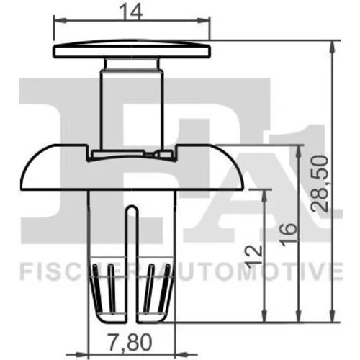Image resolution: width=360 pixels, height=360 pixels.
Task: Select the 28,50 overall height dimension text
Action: [x=320, y=183]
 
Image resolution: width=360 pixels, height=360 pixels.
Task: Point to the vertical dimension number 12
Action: [x=253, y=255]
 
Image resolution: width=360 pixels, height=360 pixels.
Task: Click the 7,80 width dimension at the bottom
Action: [x=130, y=342]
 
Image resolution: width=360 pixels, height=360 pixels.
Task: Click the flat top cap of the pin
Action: [x=132, y=49]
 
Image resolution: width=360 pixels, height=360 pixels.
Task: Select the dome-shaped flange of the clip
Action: [x=132, y=167]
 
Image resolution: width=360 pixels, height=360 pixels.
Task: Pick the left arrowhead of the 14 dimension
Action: [x=60, y=21]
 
